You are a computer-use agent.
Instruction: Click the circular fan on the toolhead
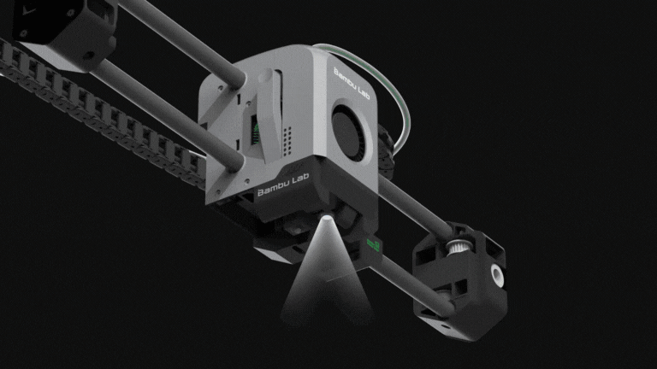click(x=350, y=132)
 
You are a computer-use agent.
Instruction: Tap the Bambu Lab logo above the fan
click(x=352, y=84)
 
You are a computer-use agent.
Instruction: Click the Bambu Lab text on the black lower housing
click(x=283, y=184)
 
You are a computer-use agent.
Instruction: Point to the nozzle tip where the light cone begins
click(x=328, y=217)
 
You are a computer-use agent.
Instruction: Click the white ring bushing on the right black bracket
click(x=497, y=275)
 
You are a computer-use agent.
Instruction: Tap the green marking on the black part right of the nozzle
click(x=373, y=245)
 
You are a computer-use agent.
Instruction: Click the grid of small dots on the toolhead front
click(x=287, y=142)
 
